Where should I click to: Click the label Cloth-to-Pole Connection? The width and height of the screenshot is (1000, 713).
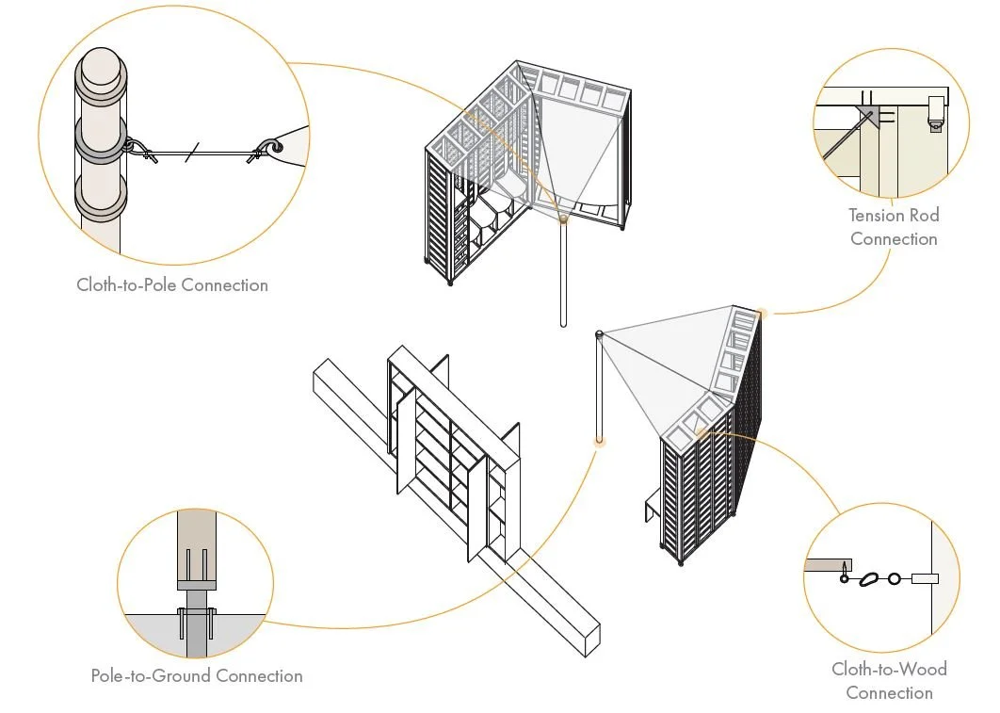[172, 284]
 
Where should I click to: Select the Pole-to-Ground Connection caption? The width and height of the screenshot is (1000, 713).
[197, 675]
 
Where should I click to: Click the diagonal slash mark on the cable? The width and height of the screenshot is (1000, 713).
[191, 153]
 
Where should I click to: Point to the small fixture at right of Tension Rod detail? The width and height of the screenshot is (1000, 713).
[936, 112]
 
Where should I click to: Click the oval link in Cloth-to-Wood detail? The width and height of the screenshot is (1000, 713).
[870, 579]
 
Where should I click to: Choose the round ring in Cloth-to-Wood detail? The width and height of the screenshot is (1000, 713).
[894, 579]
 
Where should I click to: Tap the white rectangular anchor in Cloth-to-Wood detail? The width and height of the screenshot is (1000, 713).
[925, 579]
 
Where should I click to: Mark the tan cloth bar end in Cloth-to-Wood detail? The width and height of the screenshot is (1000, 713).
[828, 566]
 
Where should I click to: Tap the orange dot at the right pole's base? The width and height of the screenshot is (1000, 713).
[599, 440]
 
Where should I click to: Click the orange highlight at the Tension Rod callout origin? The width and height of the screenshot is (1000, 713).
[761, 313]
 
